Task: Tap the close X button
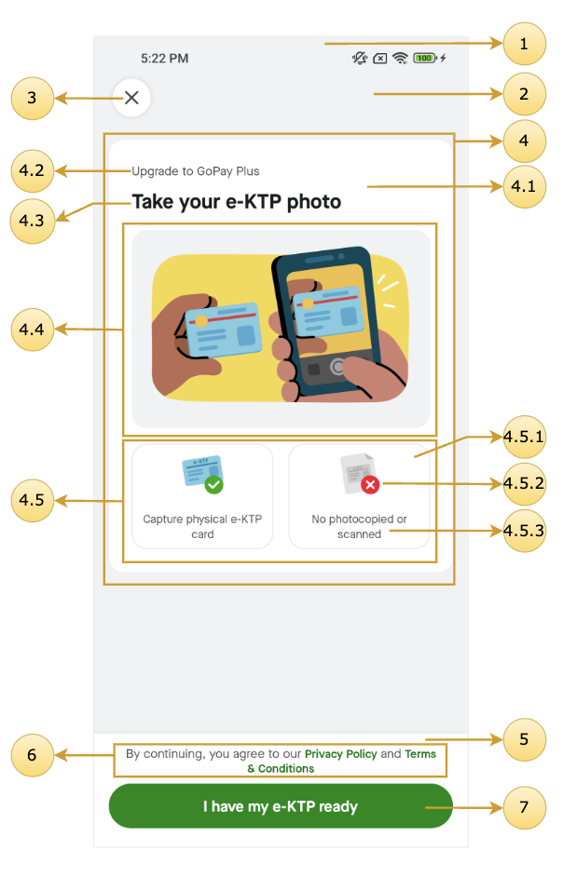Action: tap(131, 98)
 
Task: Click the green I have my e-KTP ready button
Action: tap(281, 806)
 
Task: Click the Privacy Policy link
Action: tap(340, 754)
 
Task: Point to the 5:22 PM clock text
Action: tap(165, 58)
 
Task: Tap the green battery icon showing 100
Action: tap(425, 58)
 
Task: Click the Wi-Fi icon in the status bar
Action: tap(400, 58)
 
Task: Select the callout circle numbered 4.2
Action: tap(32, 170)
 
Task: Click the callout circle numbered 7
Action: tap(525, 807)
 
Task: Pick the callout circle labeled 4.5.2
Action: tap(525, 484)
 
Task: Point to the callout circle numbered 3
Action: tap(32, 99)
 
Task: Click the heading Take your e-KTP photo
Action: tap(237, 202)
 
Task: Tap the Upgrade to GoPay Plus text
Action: tap(196, 171)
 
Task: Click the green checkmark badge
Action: tap(214, 484)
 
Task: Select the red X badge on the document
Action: tap(370, 484)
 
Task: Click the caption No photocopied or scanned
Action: tap(359, 526)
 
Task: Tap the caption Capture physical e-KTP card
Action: tap(202, 526)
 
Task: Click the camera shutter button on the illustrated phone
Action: tap(337, 367)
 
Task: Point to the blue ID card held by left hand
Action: tap(223, 330)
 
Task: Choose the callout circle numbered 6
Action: tap(32, 755)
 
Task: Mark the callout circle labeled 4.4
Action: tap(32, 330)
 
